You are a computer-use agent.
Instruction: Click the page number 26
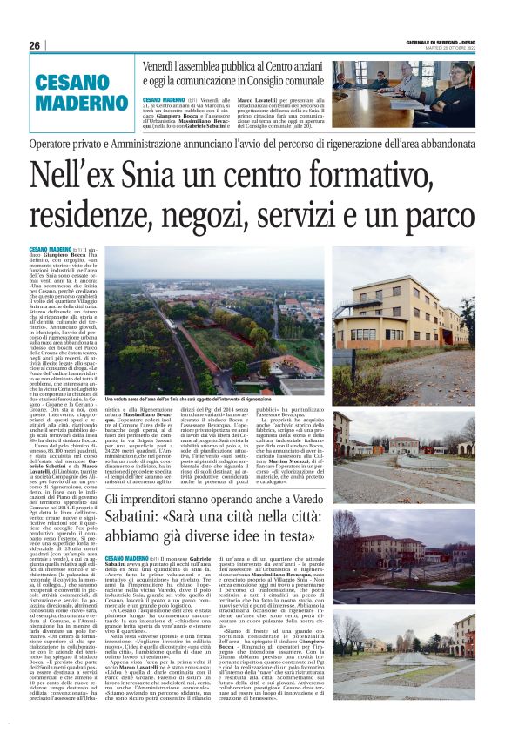(34, 45)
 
